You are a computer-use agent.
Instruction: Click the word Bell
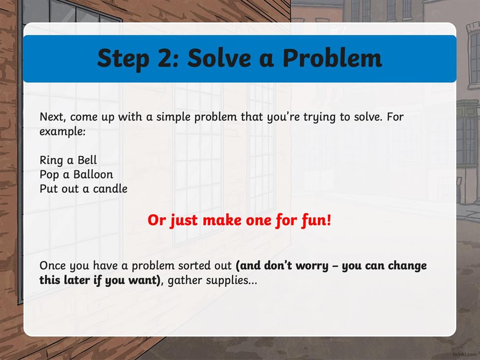point(87,160)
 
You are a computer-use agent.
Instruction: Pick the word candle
point(110,189)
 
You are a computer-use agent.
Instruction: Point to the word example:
point(63,132)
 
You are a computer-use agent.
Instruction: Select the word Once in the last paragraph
point(53,265)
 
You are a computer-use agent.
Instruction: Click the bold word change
point(407,266)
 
